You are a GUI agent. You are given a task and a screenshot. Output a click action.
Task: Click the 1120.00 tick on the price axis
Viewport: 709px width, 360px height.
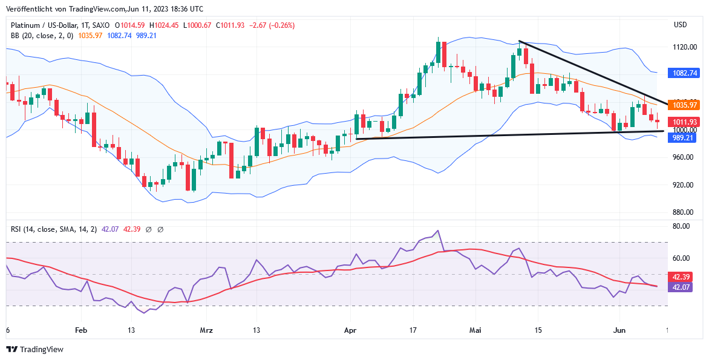coord(683,47)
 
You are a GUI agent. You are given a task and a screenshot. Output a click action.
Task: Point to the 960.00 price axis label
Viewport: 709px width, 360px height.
coord(683,157)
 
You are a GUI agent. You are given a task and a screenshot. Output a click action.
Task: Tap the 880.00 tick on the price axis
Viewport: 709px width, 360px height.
coord(683,212)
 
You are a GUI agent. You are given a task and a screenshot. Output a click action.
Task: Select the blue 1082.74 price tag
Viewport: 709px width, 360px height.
coord(685,73)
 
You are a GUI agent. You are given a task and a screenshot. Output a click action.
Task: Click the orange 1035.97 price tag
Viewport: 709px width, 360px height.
coord(685,105)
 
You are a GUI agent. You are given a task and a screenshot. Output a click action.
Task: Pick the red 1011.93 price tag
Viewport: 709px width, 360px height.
coord(685,122)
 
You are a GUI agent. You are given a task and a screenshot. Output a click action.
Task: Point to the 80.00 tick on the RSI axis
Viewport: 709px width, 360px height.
coord(681,226)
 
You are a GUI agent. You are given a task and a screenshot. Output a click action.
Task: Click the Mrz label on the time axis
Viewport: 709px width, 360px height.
coord(206,330)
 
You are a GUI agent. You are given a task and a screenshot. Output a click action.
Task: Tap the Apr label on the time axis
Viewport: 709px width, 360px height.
coord(350,330)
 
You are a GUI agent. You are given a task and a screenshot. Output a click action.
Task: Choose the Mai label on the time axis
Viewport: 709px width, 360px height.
coord(475,330)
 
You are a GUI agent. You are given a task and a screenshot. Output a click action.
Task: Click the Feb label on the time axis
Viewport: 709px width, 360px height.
coord(81,330)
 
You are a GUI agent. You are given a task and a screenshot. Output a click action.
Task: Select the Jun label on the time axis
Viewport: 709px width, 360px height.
coord(619,330)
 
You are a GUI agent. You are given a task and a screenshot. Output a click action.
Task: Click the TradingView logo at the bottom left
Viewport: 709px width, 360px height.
coord(34,349)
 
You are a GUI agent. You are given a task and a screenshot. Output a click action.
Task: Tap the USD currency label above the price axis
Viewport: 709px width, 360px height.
coord(681,25)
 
